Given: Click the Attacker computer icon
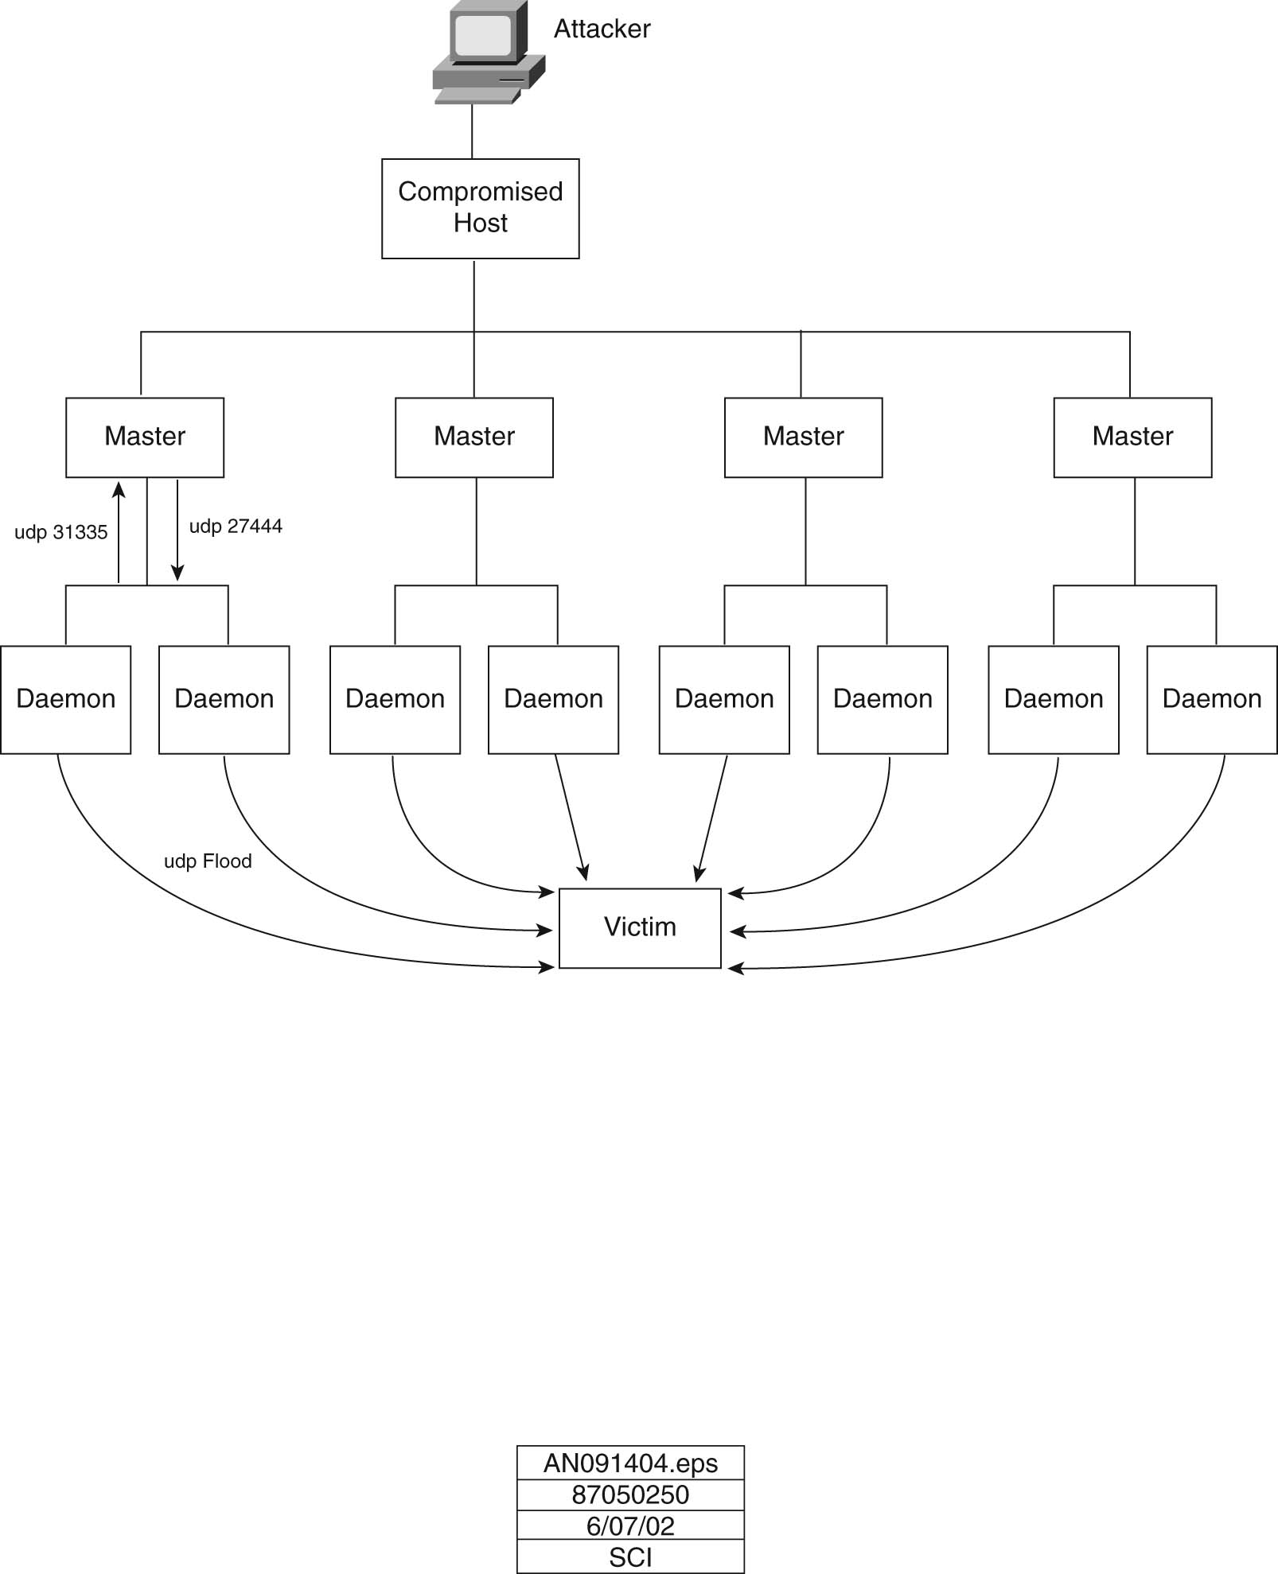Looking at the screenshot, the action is (x=489, y=52).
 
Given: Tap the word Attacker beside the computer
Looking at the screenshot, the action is (x=602, y=29).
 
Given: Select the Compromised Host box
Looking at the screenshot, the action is (x=481, y=208).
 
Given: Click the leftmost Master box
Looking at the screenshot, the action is (x=145, y=437).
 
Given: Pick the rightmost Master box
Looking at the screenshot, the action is (x=1132, y=437).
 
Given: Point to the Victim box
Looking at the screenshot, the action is (x=640, y=928).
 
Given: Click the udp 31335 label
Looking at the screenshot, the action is (x=60, y=532).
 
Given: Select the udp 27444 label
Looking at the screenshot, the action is (x=236, y=526).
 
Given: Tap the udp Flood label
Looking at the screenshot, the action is (x=208, y=861).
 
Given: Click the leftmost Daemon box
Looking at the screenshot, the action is (x=66, y=699).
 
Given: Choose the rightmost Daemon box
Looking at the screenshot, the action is (x=1212, y=699).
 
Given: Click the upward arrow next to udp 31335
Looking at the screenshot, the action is (x=119, y=531).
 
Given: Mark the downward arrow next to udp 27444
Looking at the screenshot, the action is (x=177, y=530).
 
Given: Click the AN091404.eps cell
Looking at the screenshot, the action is (x=630, y=1463).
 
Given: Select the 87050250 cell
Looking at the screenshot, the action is (x=630, y=1494).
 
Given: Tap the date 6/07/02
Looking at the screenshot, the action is (x=630, y=1525).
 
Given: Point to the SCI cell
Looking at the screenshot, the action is (x=630, y=1557).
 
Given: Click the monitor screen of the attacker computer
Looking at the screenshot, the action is (x=483, y=33).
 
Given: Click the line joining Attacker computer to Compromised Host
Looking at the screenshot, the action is (x=472, y=132).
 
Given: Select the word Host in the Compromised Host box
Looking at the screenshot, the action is (x=481, y=223).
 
